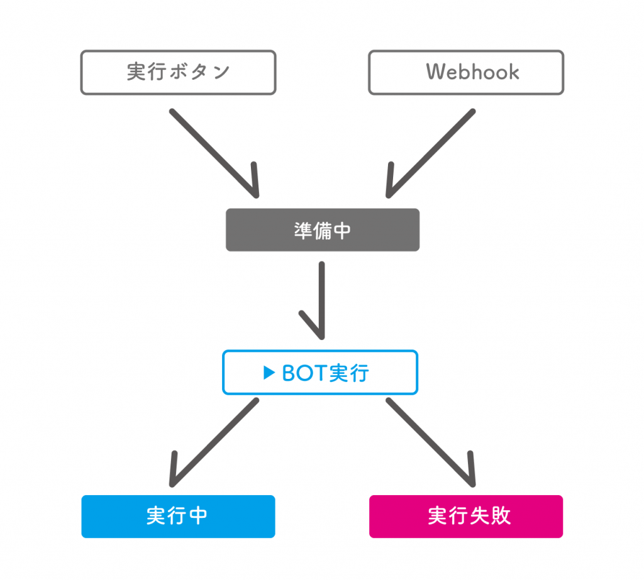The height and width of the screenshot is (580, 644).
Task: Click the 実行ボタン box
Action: tap(178, 73)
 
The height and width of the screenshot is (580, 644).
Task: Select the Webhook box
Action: tap(466, 73)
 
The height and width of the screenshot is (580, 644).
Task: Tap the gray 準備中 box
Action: tap(323, 230)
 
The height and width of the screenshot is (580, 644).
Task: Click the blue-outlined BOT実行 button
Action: tap(320, 372)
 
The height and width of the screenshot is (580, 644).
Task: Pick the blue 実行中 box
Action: tap(178, 517)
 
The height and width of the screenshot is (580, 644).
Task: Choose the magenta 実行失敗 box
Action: tap(466, 517)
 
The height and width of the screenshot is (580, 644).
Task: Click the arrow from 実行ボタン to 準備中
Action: tap(214, 153)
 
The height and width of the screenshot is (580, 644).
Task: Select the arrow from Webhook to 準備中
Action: tap(430, 153)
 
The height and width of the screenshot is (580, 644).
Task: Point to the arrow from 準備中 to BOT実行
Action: tap(321, 300)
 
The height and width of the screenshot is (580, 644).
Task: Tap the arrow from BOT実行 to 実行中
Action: tap(214, 442)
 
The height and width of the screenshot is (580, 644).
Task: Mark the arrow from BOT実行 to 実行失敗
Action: tap(430, 442)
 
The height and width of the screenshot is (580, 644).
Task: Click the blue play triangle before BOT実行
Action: tap(269, 373)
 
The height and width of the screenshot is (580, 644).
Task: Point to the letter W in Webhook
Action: tap(436, 72)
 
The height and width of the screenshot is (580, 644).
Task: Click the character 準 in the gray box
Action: tap(303, 231)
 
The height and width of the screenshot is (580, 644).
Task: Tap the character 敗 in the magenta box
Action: tap(501, 516)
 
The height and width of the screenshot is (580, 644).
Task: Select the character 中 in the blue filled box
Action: tap(198, 516)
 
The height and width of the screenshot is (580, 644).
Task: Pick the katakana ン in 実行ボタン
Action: tap(221, 72)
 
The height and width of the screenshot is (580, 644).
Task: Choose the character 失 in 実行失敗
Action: tap(479, 516)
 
